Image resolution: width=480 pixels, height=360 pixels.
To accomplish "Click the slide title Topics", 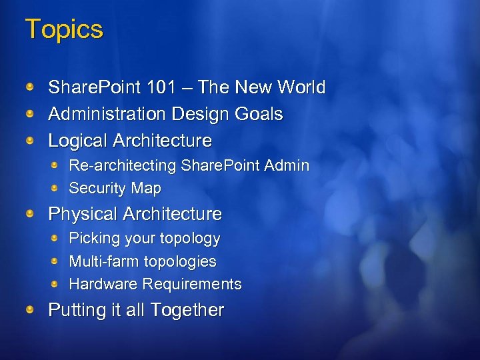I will pos(64,30).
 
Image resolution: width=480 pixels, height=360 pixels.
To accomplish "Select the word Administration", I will pos(107,114).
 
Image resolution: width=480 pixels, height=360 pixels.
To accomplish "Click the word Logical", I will pos(78,141).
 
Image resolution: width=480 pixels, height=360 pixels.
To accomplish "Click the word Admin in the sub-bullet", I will pos(287,165).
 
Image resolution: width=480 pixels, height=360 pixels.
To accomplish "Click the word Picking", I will pos(93,239).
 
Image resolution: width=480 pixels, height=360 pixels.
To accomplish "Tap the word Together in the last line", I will pos(187,310).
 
